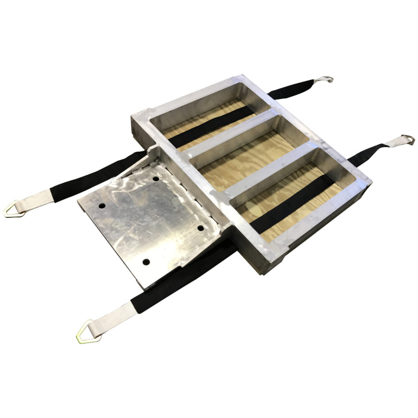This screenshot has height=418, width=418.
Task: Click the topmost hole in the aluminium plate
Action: pos(156,178)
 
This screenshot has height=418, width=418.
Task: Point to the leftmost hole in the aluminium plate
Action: pos(102,206)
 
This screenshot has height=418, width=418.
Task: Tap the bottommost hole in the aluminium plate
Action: pos(146,262)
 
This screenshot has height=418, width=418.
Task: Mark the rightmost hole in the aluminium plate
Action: pos(201,228)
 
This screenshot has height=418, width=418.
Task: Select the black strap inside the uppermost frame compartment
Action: pos(209,125)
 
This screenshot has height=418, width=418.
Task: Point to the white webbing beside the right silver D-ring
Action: pos(393,143)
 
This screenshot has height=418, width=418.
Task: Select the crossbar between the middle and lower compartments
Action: pos(272,167)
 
